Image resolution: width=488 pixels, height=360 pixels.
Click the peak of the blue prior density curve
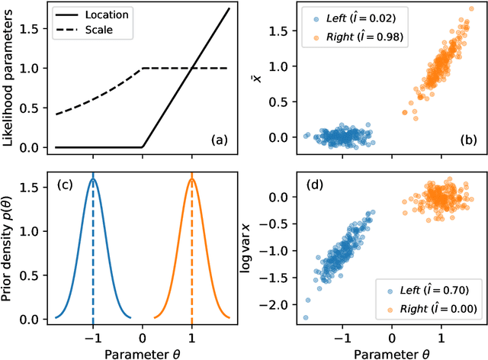point(93,178)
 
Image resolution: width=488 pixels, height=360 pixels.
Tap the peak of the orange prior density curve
point(191,178)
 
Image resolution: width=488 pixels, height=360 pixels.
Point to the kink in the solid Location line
point(143,146)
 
